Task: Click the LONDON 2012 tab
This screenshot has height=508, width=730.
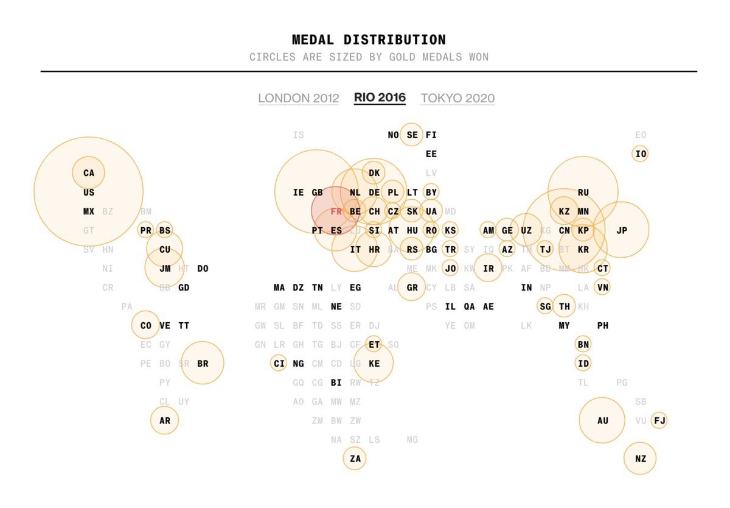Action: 298,98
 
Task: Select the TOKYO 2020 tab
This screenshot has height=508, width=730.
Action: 457,98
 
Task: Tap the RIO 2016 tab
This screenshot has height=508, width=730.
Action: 380,97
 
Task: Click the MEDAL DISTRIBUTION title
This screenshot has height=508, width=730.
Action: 369,40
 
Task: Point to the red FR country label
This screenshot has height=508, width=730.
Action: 336,211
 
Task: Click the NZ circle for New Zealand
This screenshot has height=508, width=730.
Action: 640,458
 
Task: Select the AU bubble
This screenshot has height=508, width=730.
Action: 602,420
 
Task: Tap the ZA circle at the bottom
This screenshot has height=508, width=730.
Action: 355,458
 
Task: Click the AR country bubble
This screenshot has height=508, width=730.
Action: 165,420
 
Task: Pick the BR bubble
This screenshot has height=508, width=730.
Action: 203,364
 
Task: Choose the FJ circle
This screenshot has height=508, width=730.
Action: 659,420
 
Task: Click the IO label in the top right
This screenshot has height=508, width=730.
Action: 640,154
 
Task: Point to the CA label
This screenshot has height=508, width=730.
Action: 89,173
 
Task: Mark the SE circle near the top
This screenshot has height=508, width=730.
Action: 412,135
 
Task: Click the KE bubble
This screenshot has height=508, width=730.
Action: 374,364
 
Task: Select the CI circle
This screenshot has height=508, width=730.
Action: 279,364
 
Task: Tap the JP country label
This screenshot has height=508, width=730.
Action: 621,230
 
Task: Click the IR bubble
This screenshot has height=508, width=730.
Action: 488,268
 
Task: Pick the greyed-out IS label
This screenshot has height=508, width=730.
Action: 298,135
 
